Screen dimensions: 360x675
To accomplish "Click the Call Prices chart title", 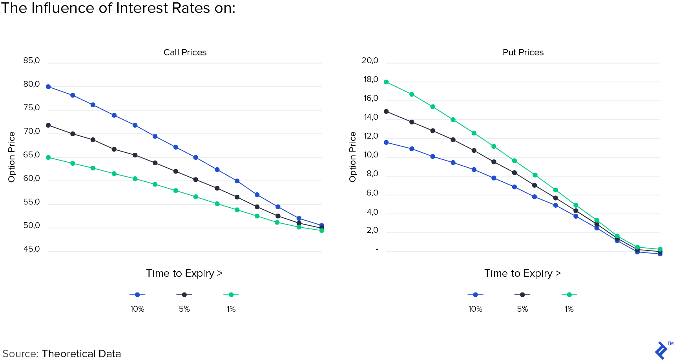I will pyautogui.click(x=185, y=53).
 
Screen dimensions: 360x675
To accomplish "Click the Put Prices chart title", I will pyautogui.click(x=523, y=53).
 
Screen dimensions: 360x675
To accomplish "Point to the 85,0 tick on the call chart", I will pyautogui.click(x=31, y=61).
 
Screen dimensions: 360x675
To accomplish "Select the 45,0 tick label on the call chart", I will pyautogui.click(x=31, y=249).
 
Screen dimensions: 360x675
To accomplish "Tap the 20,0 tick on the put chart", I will pyautogui.click(x=370, y=61).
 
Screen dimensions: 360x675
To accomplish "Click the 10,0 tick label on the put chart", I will pyautogui.click(x=370, y=155).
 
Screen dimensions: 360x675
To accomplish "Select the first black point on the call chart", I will pyautogui.click(x=48, y=125).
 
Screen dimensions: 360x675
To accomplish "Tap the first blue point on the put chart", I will pyautogui.click(x=386, y=143).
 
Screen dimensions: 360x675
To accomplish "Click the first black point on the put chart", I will pyautogui.click(x=386, y=111).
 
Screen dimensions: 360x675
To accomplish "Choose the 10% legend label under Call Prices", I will pyautogui.click(x=137, y=309).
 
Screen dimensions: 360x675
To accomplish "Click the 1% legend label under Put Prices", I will pyautogui.click(x=569, y=309).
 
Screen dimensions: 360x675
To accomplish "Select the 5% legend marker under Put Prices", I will pyautogui.click(x=522, y=295).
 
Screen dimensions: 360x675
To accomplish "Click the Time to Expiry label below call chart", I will pyautogui.click(x=184, y=273).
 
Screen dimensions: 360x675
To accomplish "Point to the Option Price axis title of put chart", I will pyautogui.click(x=353, y=157).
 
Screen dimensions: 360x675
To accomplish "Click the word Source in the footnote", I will pyautogui.click(x=20, y=354).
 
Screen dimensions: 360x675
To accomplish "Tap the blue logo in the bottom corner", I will pyautogui.click(x=662, y=350).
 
